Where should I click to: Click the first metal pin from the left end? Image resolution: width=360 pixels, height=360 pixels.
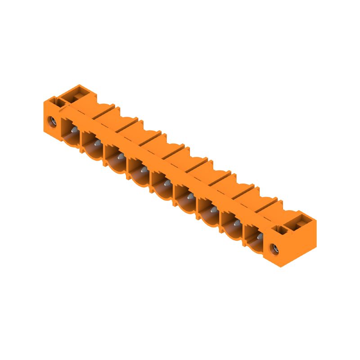pyautogui.click(x=73, y=130)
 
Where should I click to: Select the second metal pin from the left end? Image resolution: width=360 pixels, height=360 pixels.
pyautogui.click(x=96, y=144)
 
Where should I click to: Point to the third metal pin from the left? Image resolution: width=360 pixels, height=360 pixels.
pyautogui.click(x=120, y=157)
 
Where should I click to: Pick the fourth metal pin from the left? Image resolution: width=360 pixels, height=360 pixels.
pyautogui.click(x=143, y=170)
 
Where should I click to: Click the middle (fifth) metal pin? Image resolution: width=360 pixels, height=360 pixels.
pyautogui.click(x=166, y=183)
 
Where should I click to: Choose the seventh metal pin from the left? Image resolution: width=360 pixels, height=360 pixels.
pyautogui.click(x=213, y=210)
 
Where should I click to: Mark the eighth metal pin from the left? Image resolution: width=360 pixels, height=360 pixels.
pyautogui.click(x=236, y=223)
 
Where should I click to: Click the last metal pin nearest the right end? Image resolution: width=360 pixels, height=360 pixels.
pyautogui.click(x=259, y=236)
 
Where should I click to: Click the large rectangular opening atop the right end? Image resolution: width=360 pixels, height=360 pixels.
pyautogui.click(x=300, y=220)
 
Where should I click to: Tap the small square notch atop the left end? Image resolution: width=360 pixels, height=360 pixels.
pyautogui.click(x=59, y=102)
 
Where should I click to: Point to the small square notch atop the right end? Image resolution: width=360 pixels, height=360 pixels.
pyautogui.click(x=281, y=229)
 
